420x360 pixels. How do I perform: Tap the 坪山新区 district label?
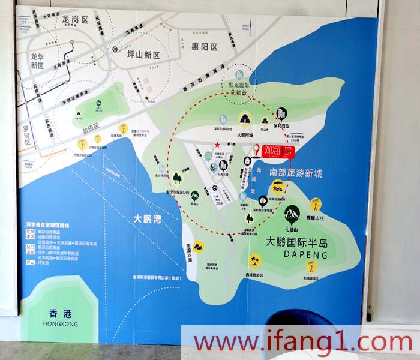(x=144, y=55)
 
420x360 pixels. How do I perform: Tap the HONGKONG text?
(x=61, y=324)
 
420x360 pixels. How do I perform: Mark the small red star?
(x=217, y=144)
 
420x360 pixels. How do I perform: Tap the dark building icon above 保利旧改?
(x=281, y=113)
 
